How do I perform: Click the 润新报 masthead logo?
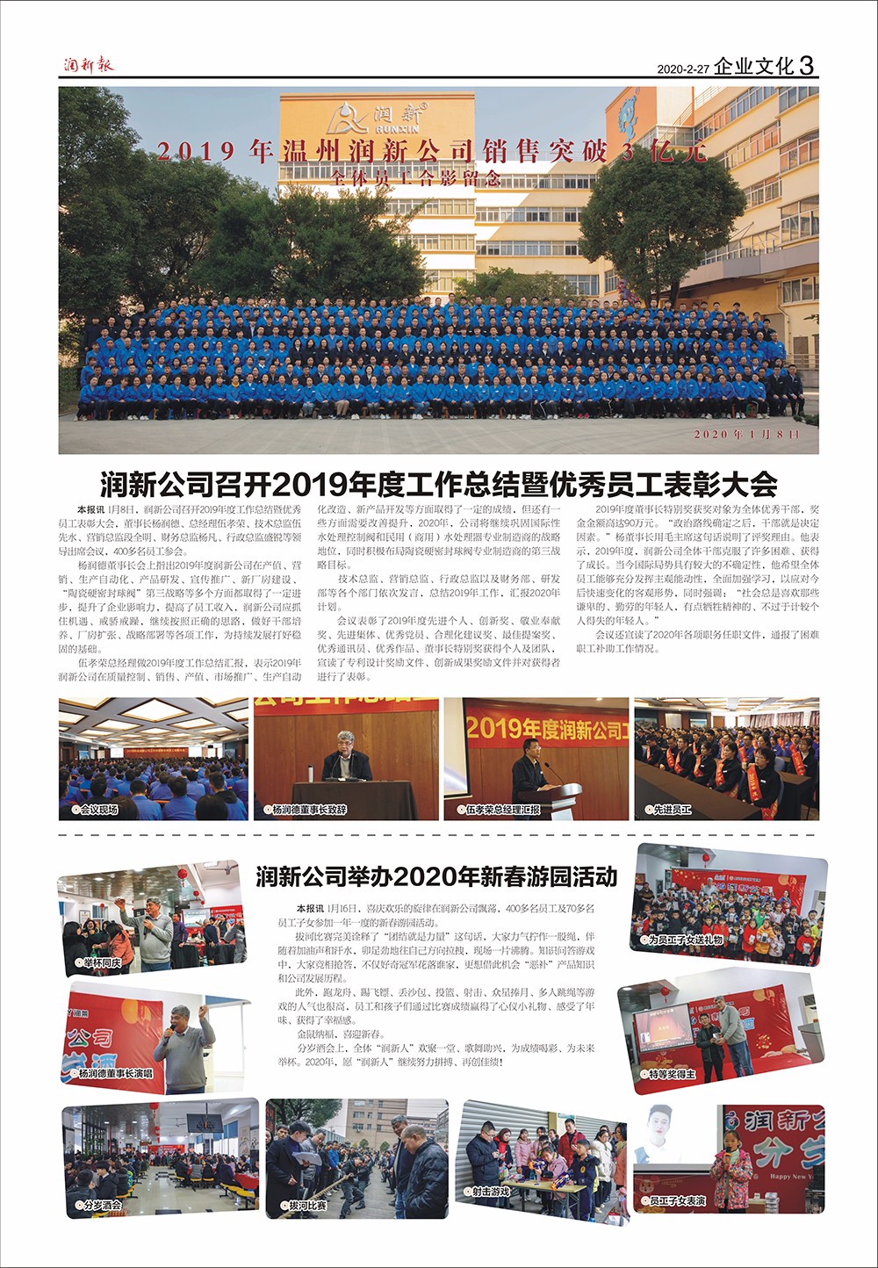tap(88, 64)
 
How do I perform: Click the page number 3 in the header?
tap(807, 65)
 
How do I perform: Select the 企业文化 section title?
tap(753, 66)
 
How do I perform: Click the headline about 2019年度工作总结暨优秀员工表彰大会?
tap(439, 484)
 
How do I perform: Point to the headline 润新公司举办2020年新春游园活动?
tap(436, 876)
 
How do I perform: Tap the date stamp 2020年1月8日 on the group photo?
tap(746, 435)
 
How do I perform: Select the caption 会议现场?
tap(97, 810)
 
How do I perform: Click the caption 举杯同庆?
tap(102, 963)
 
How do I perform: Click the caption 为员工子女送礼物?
tap(685, 940)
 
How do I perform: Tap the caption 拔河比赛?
tap(307, 1206)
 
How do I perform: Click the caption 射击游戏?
tap(490, 1192)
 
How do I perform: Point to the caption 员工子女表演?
tap(676, 1200)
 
